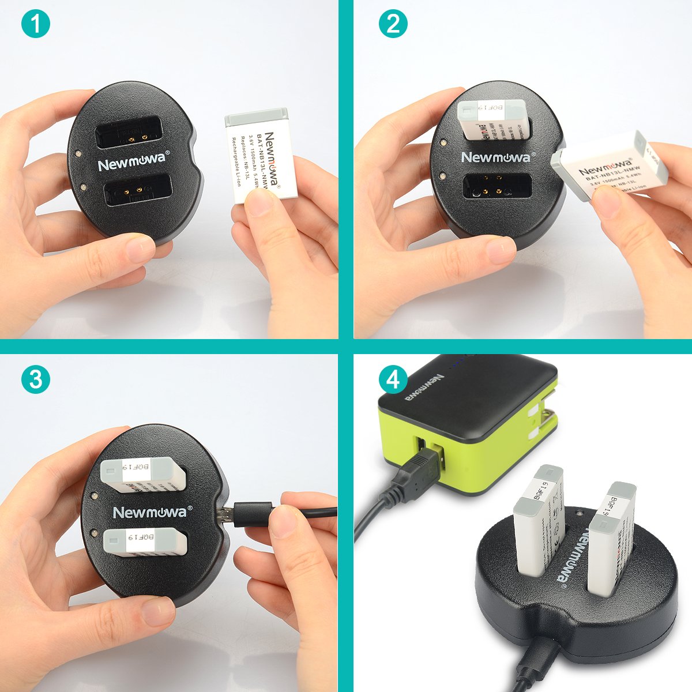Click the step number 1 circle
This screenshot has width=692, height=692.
[x=35, y=25]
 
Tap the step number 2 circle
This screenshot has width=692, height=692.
[x=393, y=24]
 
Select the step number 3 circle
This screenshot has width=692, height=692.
[x=35, y=379]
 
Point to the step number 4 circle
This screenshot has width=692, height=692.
[x=393, y=379]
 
